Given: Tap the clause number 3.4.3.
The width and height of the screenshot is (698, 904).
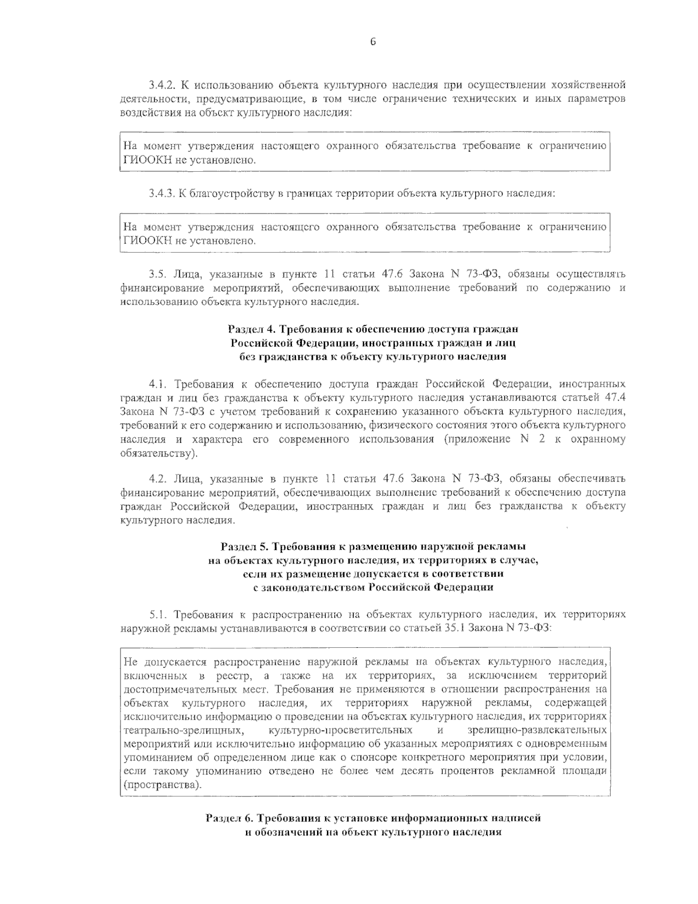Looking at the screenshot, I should [162, 193].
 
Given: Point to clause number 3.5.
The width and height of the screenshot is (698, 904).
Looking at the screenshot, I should [158, 274].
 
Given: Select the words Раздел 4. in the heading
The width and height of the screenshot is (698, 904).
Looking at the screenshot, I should [248, 329].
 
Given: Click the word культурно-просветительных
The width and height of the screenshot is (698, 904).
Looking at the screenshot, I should [341, 730].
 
